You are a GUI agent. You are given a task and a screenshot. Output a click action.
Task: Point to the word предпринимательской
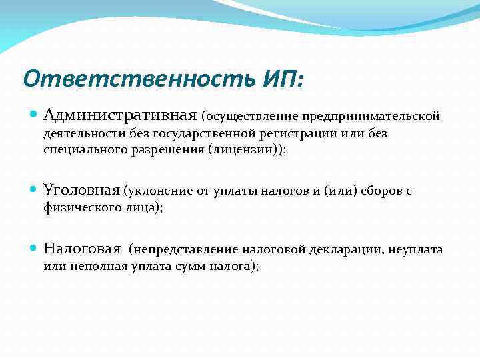[371, 117]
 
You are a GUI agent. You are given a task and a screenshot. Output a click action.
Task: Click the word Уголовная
[81, 191]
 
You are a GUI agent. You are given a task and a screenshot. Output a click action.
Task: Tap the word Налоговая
[82, 249]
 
